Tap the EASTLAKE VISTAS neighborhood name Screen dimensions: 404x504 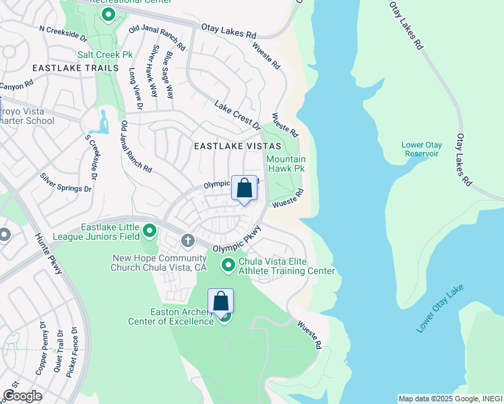[232, 145]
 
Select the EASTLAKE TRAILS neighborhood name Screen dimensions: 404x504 [73, 68]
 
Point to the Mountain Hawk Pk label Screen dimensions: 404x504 [286, 164]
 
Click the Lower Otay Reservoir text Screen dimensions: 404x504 [420, 149]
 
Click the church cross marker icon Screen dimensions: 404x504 [187, 240]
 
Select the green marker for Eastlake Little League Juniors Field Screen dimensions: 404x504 [150, 232]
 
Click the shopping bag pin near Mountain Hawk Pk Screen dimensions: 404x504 [244, 188]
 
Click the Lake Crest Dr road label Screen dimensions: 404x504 [237, 115]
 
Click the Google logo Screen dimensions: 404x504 [22, 395]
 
